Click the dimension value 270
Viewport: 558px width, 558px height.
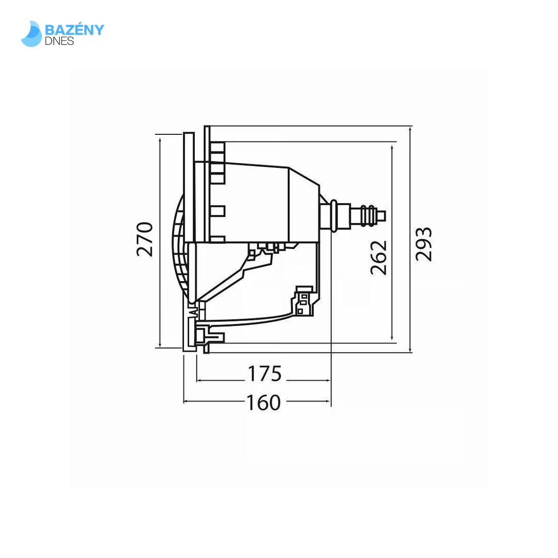[145, 239]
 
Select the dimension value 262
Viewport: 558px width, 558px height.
[379, 257]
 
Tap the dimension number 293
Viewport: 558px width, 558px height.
[424, 244]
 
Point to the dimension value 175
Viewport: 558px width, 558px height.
[265, 374]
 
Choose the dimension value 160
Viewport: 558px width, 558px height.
[263, 402]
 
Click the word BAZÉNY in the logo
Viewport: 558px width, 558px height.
[74, 30]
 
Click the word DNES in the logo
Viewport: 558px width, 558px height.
[60, 41]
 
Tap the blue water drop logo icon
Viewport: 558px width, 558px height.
[32, 34]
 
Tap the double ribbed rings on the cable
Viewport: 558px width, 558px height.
[367, 215]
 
